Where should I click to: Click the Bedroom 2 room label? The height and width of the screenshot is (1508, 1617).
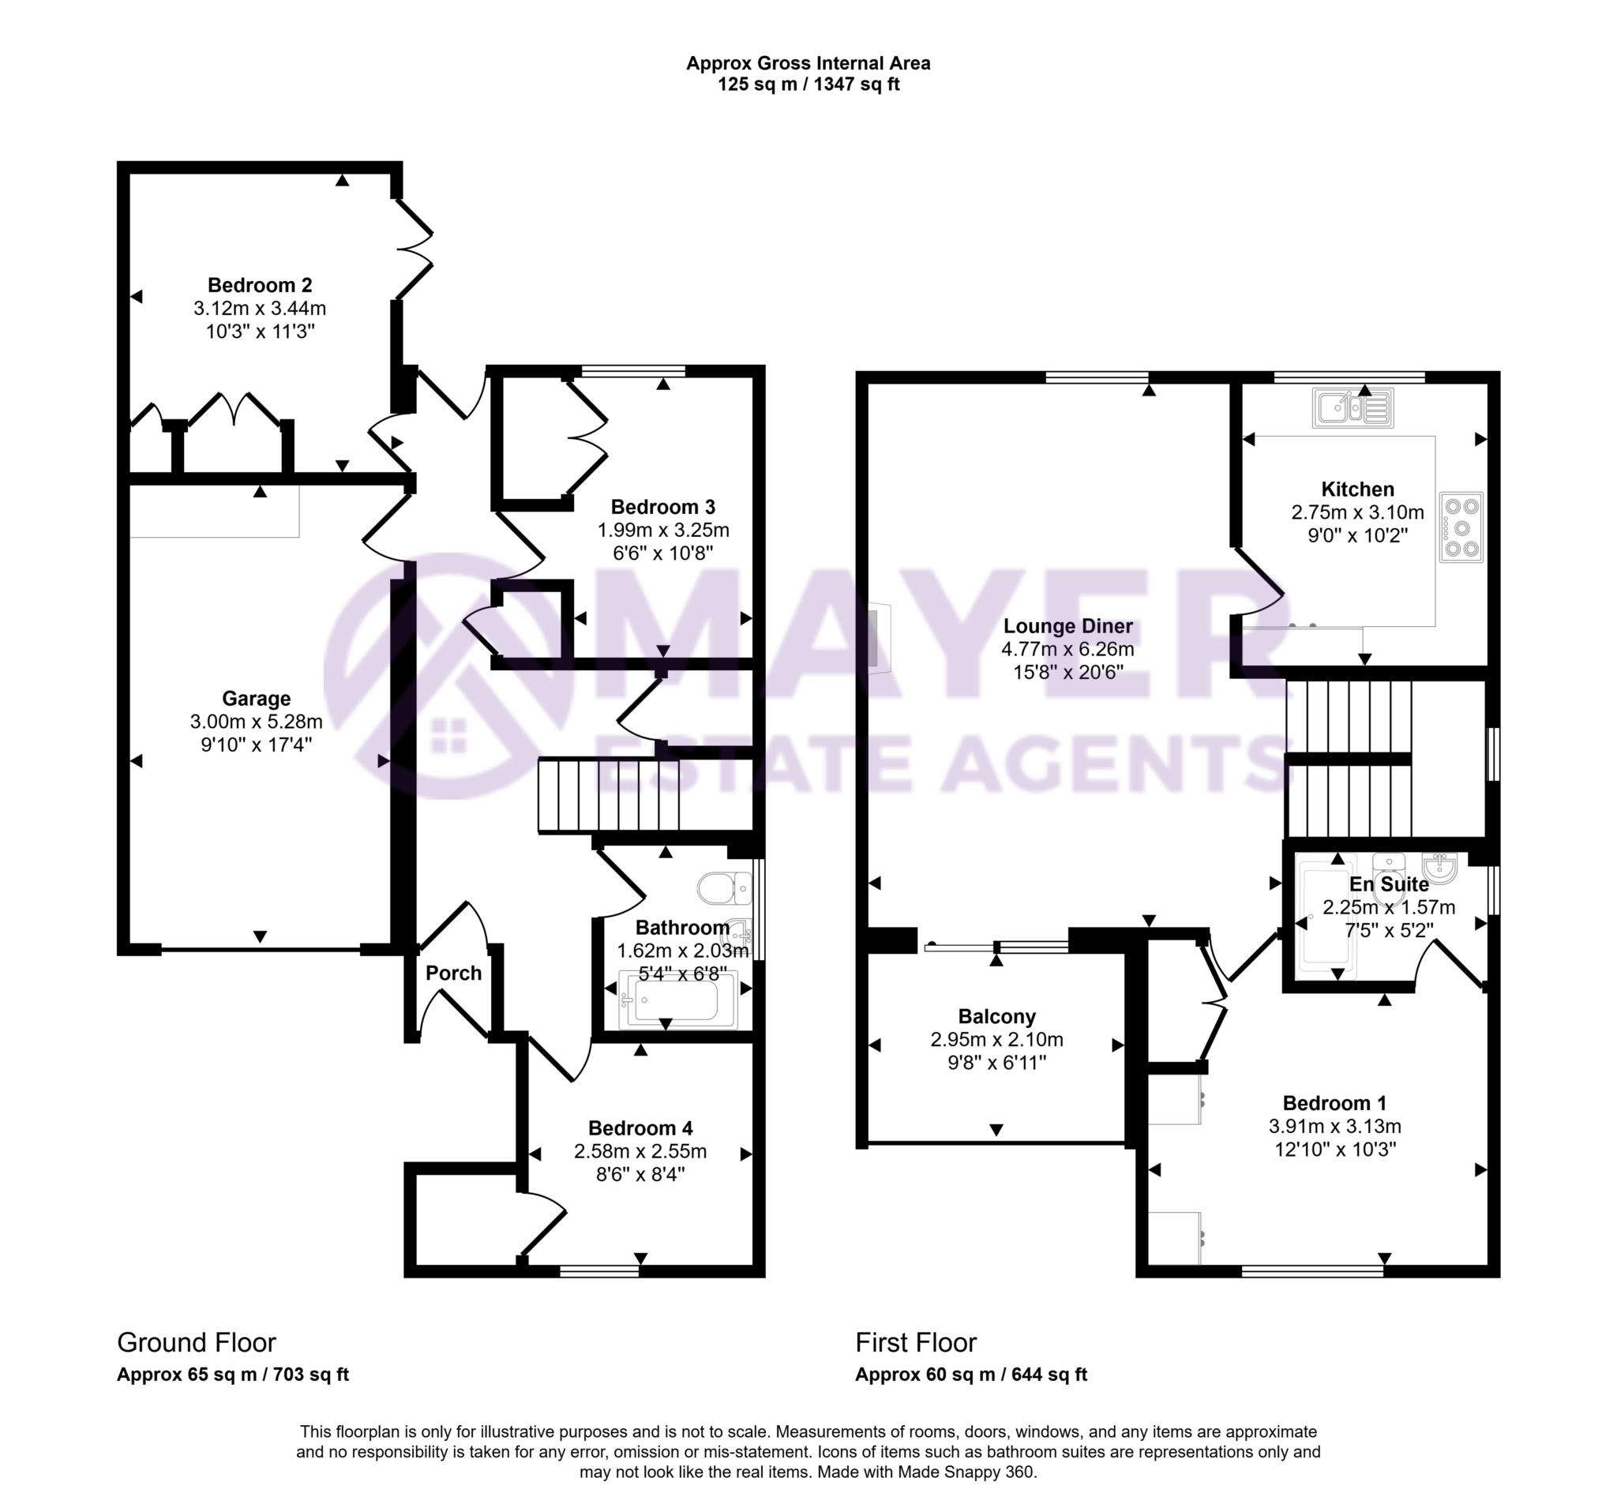tap(260, 285)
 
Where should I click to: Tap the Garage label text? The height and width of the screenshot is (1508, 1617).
tap(257, 698)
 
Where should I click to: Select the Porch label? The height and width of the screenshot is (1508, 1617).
tap(453, 973)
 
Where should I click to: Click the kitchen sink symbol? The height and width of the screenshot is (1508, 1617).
tap(1353, 407)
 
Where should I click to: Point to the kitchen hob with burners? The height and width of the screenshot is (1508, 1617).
tap(1461, 527)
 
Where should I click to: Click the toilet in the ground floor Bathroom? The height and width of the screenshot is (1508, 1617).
tap(724, 888)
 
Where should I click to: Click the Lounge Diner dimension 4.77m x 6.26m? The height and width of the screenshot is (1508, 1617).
tap(1067, 649)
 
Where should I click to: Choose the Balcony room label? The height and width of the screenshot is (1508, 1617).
tap(996, 1016)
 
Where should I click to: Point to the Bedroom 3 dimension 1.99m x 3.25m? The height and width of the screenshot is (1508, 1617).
tap(663, 531)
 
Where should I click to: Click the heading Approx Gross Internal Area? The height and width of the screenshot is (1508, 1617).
tap(808, 62)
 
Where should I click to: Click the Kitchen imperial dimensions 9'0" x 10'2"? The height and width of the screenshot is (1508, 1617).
tap(1356, 535)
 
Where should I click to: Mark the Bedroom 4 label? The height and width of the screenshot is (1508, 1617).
tap(640, 1128)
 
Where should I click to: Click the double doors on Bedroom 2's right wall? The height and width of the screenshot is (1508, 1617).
tap(413, 249)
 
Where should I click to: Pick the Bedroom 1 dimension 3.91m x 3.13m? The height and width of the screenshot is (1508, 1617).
tap(1334, 1127)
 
